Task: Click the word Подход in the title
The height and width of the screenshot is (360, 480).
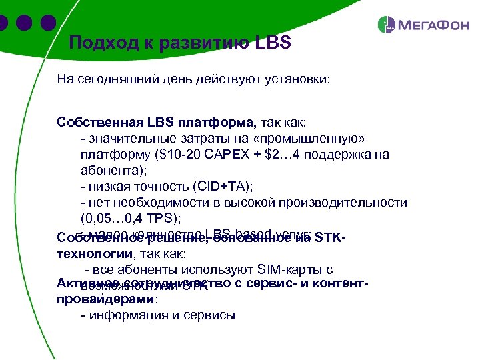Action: pyautogui.click(x=101, y=43)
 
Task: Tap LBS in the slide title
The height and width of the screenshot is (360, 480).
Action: pyautogui.click(x=273, y=43)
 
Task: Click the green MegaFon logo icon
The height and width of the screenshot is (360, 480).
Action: pyautogui.click(x=387, y=25)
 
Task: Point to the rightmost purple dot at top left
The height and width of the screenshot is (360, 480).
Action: pyautogui.click(x=47, y=23)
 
